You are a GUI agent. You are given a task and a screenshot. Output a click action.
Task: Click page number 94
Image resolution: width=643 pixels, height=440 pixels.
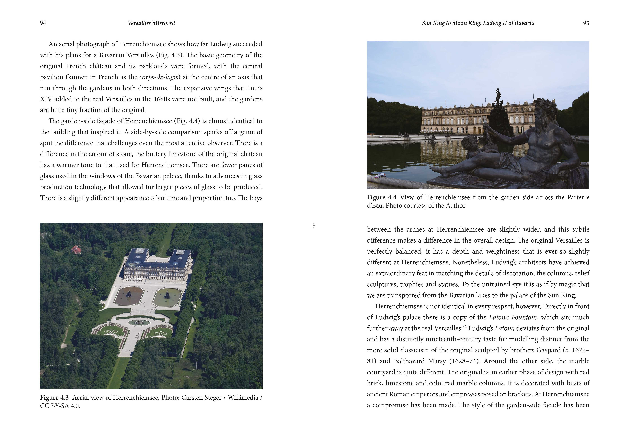(43, 23)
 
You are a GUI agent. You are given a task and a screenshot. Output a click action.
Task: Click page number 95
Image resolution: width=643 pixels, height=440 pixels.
(586, 23)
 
